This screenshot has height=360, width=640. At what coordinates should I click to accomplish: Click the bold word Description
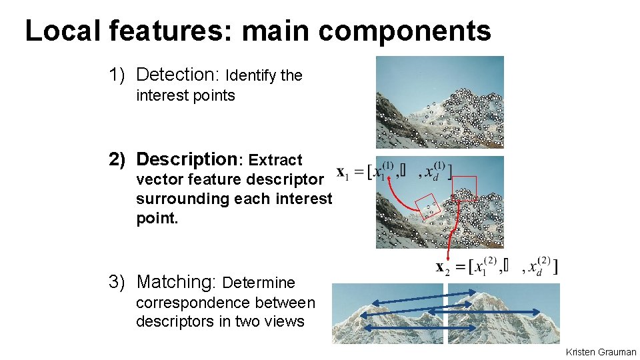tap(188, 159)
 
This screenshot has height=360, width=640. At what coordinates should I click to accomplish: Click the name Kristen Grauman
tap(601, 352)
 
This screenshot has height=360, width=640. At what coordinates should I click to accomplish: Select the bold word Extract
tap(275, 160)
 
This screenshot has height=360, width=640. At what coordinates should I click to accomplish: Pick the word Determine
tap(258, 282)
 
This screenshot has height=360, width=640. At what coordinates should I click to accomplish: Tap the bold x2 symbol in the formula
tap(441, 267)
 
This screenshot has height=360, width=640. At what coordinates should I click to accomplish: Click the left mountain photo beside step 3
tap(387, 314)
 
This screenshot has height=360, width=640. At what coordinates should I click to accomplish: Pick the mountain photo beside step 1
tap(439, 101)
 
